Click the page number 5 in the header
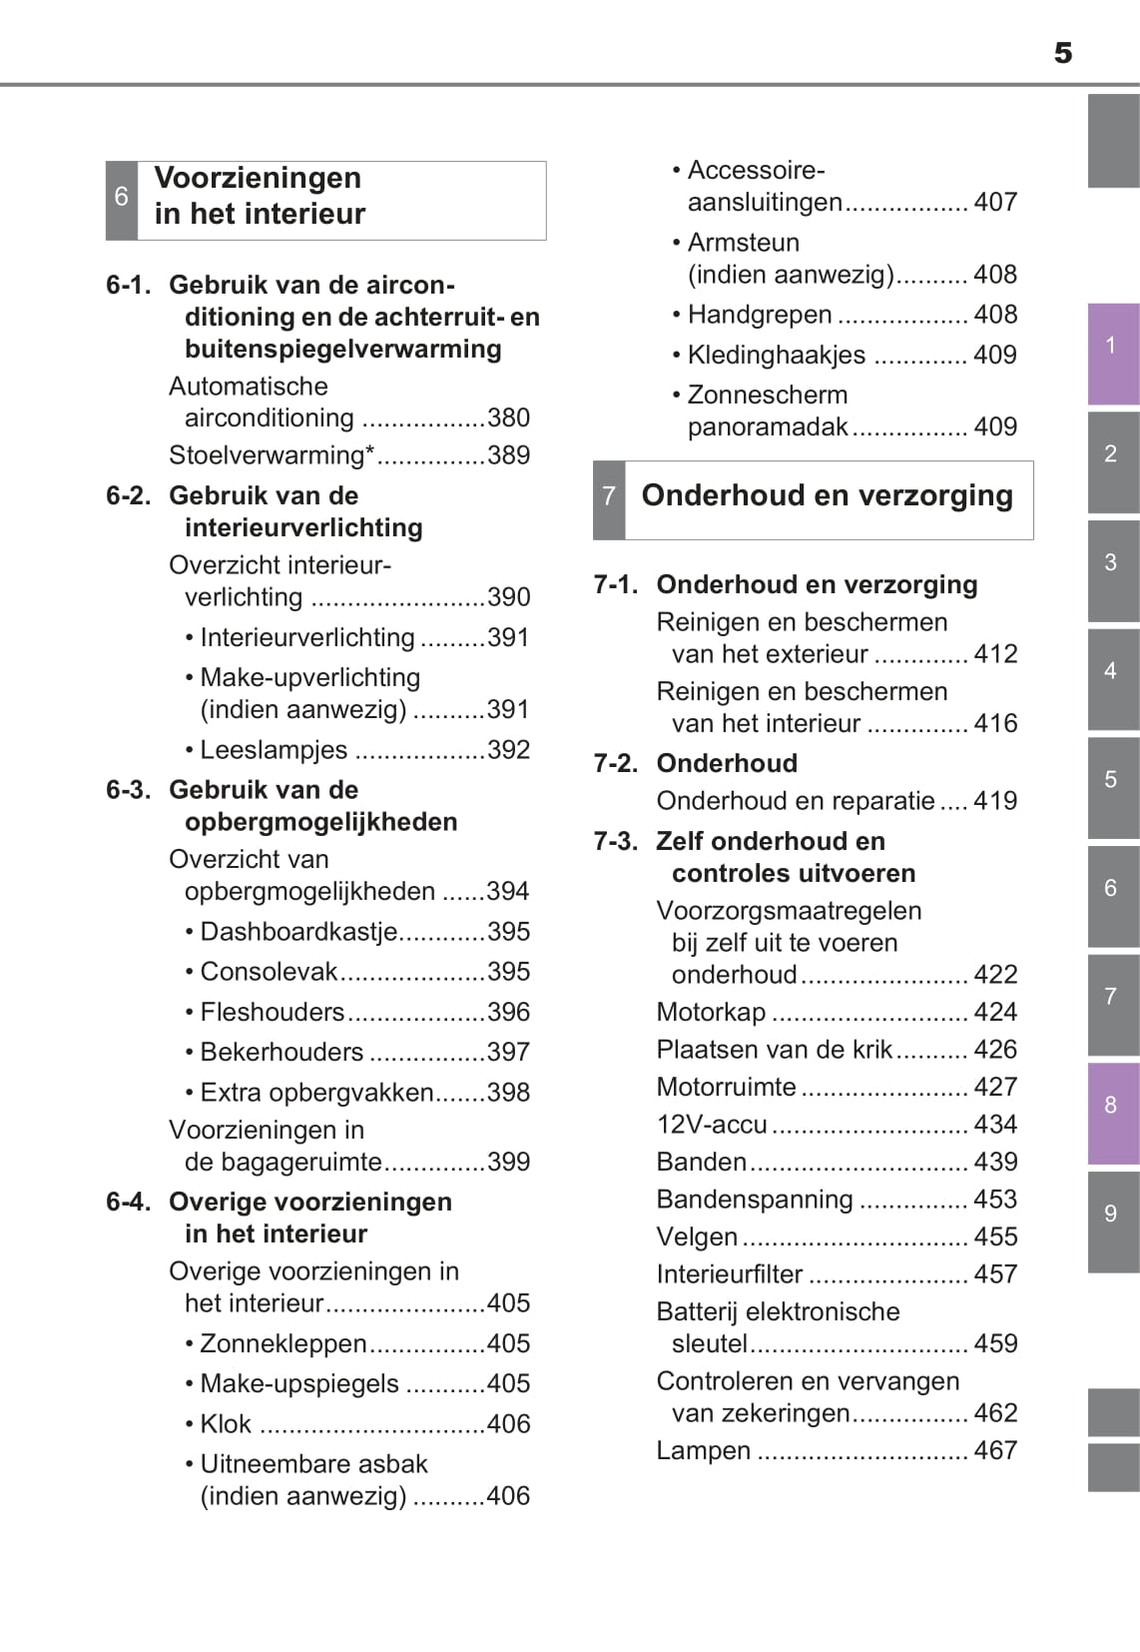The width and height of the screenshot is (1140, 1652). (1063, 53)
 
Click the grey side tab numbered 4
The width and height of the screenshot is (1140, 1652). (1112, 672)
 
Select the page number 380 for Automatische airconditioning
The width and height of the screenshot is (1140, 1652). (508, 418)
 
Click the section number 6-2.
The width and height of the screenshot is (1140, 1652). (129, 496)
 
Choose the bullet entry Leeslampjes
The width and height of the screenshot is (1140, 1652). (274, 750)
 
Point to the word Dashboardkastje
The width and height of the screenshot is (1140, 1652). (298, 932)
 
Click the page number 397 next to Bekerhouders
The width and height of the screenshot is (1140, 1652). (508, 1053)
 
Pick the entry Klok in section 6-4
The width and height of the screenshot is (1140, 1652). (226, 1424)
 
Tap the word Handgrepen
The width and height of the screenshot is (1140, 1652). (760, 316)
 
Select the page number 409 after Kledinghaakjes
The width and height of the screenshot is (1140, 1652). (994, 356)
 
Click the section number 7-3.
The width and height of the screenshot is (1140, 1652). (616, 842)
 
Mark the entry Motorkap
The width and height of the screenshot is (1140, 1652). (711, 1013)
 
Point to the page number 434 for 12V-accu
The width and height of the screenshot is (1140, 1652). (995, 1125)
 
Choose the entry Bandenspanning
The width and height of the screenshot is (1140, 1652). (755, 1200)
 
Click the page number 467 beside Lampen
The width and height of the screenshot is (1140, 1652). (995, 1450)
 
